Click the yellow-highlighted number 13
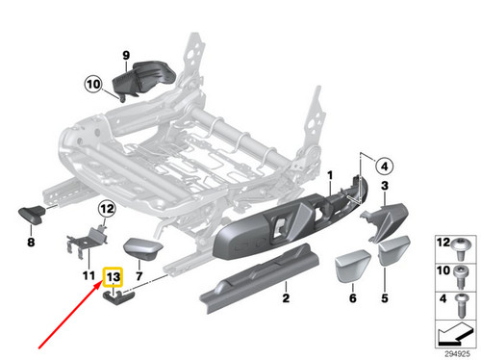pos(114,278)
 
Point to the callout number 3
pos(384,186)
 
